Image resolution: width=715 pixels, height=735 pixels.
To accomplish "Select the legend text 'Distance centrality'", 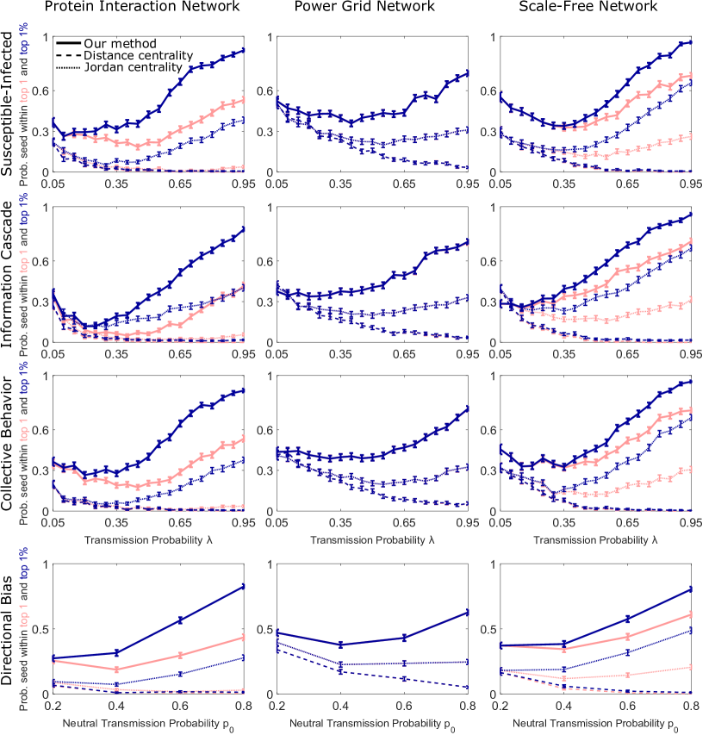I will pos(133,55).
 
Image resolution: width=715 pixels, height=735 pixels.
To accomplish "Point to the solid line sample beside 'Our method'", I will pos(68,43).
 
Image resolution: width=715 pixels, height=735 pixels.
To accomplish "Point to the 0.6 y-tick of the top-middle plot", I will pos(264,91).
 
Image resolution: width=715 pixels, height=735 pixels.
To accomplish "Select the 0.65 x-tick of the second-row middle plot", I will pos(404,354).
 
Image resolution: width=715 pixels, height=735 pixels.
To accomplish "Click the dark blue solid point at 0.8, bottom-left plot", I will pos(244,587).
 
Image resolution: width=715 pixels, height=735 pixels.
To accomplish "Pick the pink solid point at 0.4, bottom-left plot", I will pos(116,670).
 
